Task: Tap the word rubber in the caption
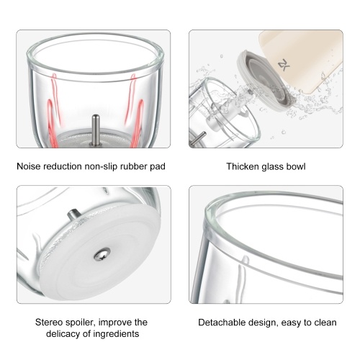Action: tap(134, 166)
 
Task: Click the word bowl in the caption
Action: tap(297, 166)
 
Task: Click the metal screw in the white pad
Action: tap(102, 254)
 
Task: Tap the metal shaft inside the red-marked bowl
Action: tap(96, 130)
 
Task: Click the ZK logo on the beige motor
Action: tap(284, 65)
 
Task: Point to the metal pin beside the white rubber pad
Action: tap(73, 215)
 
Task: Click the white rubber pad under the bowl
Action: tap(101, 252)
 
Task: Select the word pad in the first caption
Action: tap(158, 166)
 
